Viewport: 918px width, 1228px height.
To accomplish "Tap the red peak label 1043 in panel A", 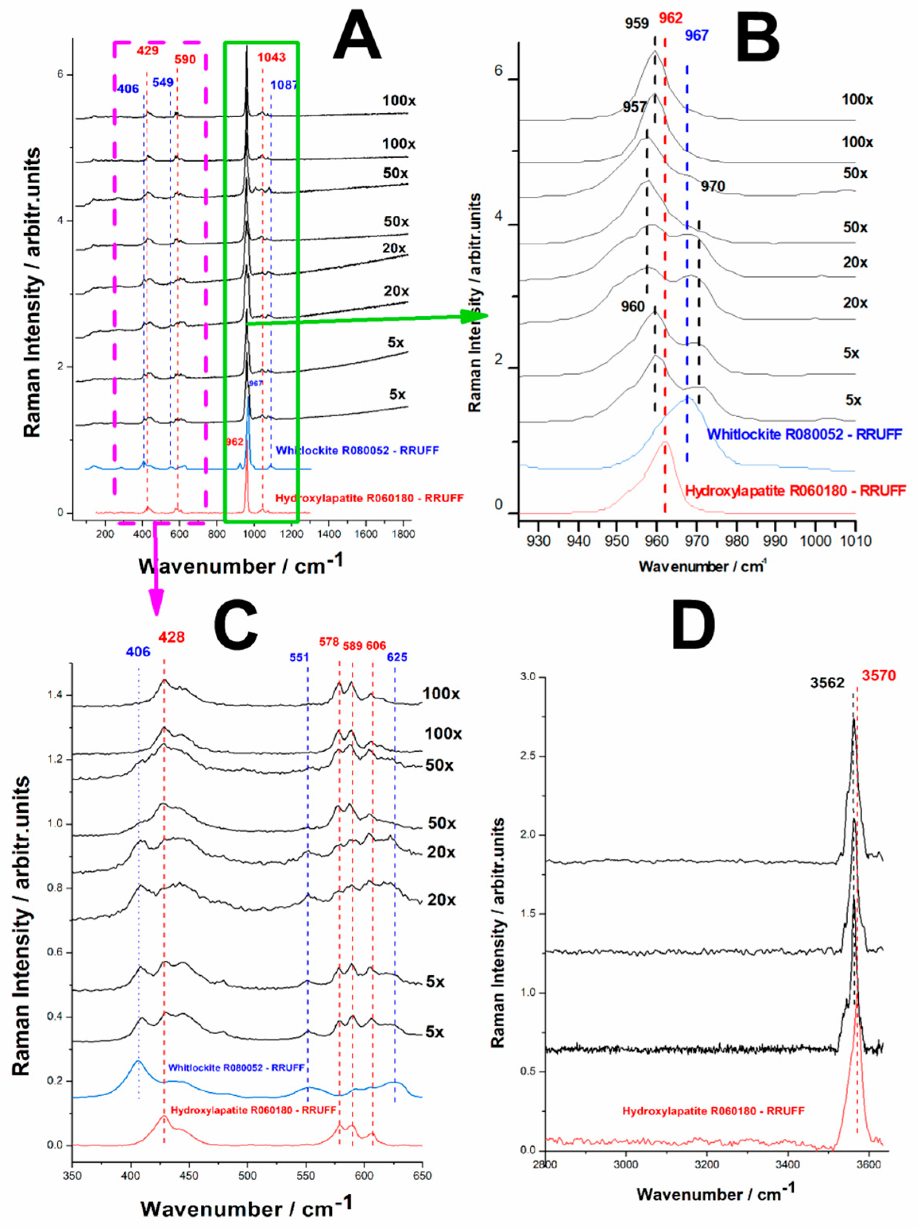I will (x=271, y=57).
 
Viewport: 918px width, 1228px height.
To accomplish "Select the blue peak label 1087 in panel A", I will (x=284, y=85).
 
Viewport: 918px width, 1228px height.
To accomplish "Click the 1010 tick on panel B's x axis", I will (x=855, y=540).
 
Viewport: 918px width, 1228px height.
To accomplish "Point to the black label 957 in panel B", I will (x=634, y=107).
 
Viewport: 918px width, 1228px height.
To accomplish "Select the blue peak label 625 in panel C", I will (x=397, y=657).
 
